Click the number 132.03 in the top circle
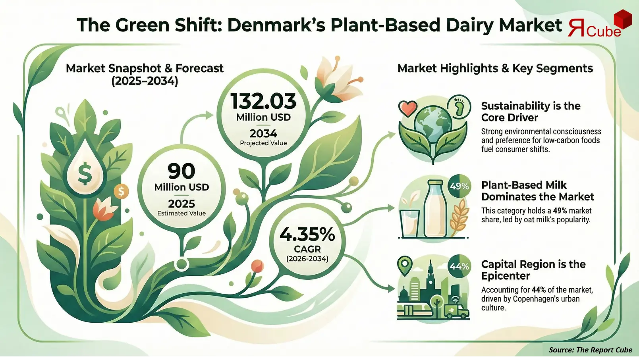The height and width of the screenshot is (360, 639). click(x=263, y=101)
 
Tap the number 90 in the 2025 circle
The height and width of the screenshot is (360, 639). click(x=181, y=171)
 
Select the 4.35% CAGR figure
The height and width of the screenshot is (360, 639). click(x=307, y=235)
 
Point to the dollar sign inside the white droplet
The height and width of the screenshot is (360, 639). click(x=85, y=174)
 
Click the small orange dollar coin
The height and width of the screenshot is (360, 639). click(x=121, y=192)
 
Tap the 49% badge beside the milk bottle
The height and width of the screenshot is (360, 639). click(x=459, y=186)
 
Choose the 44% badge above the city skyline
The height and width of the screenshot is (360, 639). click(x=459, y=266)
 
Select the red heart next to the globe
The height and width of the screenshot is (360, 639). click(x=407, y=108)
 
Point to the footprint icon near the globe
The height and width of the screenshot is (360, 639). click(x=459, y=106)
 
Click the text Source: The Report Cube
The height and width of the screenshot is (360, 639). click(x=590, y=350)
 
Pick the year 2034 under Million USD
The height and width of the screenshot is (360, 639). click(x=263, y=133)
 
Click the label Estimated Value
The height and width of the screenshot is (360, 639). click(x=181, y=213)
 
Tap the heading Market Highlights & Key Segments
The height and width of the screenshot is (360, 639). click(x=495, y=68)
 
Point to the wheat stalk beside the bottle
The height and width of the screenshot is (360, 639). click(x=459, y=217)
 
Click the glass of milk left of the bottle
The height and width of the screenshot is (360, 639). click(x=409, y=222)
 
